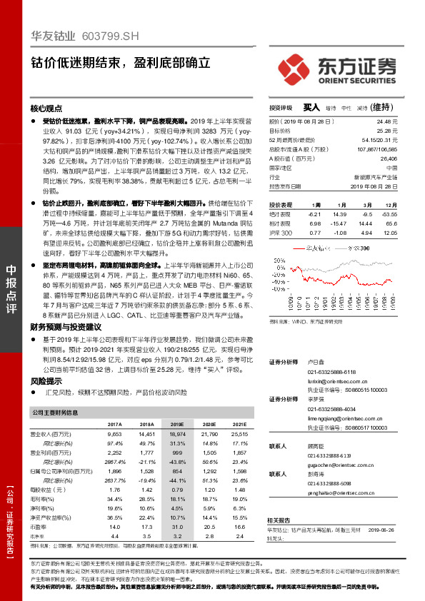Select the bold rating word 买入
coord(311,107)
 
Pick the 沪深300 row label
coord(281,233)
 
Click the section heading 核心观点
coord(46,109)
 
